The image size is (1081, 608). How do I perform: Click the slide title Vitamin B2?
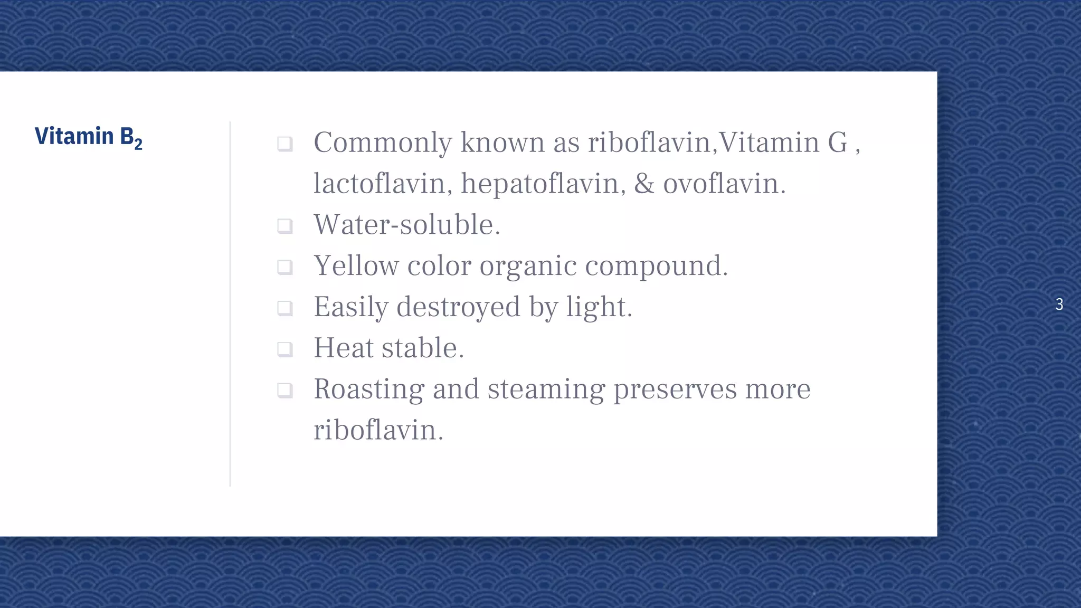[x=88, y=137]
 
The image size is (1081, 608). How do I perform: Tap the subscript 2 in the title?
[x=138, y=144]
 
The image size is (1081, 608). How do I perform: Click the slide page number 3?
[x=1059, y=304]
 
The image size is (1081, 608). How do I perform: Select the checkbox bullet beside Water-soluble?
[x=285, y=226]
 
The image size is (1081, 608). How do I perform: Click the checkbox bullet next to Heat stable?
[x=285, y=349]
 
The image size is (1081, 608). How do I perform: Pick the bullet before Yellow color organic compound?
[x=285, y=267]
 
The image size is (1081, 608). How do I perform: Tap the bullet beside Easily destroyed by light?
[x=285, y=308]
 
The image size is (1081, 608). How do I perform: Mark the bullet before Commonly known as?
[x=285, y=144]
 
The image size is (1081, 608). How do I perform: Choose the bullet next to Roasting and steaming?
[x=285, y=390]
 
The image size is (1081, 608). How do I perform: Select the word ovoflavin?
[x=724, y=184]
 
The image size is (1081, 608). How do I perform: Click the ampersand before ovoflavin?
[x=643, y=184]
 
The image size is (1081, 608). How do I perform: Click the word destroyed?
[x=458, y=307]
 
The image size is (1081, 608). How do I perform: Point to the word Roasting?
[x=369, y=389]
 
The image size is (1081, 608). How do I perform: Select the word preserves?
[x=675, y=389]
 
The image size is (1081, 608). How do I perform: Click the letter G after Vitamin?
[x=837, y=142]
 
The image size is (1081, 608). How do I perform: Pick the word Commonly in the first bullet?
[x=383, y=142]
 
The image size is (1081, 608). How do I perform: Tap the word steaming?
[x=546, y=389]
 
